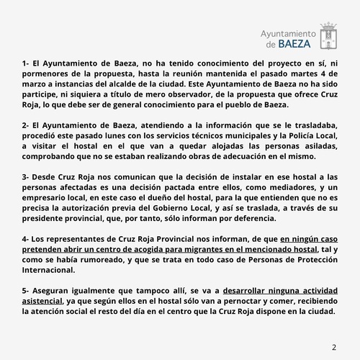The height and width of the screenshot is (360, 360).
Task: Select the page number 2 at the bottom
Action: point(334,347)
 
